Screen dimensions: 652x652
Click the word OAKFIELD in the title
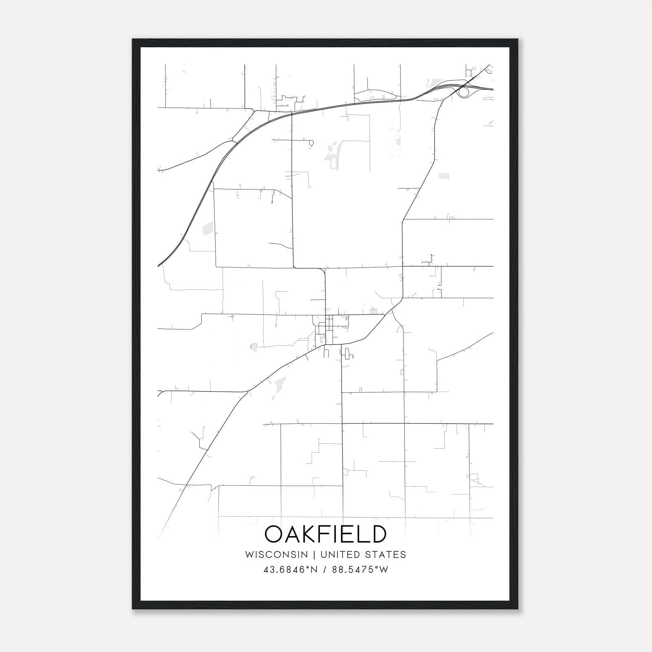(x=326, y=534)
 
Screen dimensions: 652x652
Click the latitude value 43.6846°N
(x=291, y=570)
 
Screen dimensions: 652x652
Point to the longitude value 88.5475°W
(x=360, y=570)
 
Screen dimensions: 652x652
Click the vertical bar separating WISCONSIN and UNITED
(x=314, y=554)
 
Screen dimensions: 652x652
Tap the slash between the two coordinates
(x=325, y=570)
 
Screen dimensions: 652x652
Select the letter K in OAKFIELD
(x=313, y=534)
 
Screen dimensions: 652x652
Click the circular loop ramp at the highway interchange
(x=464, y=93)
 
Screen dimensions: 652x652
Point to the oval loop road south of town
(x=347, y=353)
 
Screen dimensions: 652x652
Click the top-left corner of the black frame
(x=133, y=40)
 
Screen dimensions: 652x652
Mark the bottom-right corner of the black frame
(x=518, y=609)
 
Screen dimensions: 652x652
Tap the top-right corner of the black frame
(x=518, y=40)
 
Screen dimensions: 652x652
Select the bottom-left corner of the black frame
(x=133, y=609)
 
